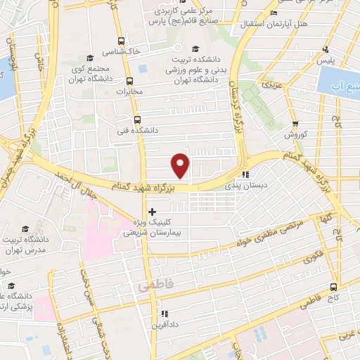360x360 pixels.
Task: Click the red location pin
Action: [x=181, y=165]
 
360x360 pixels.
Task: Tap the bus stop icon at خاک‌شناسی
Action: [x=122, y=41]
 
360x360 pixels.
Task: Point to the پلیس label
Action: [x=326, y=62]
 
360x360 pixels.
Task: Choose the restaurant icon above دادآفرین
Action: [x=164, y=314]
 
